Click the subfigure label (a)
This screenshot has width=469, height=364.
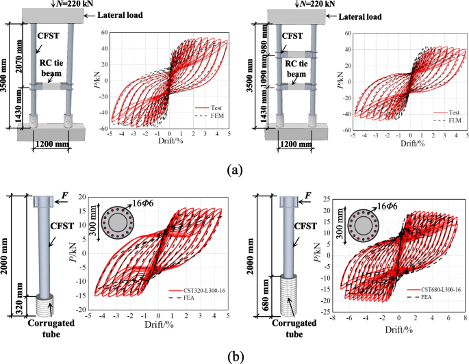[233, 169]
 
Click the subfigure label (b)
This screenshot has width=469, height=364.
[233, 354]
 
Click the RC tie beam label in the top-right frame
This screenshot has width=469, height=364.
[296, 68]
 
